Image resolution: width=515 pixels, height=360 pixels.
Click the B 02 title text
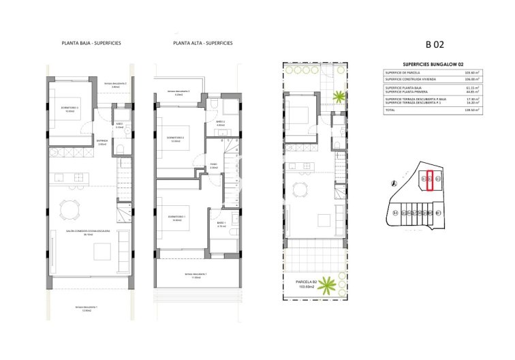435,46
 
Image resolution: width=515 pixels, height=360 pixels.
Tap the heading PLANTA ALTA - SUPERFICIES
203,43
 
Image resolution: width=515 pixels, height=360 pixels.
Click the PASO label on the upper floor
213,164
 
